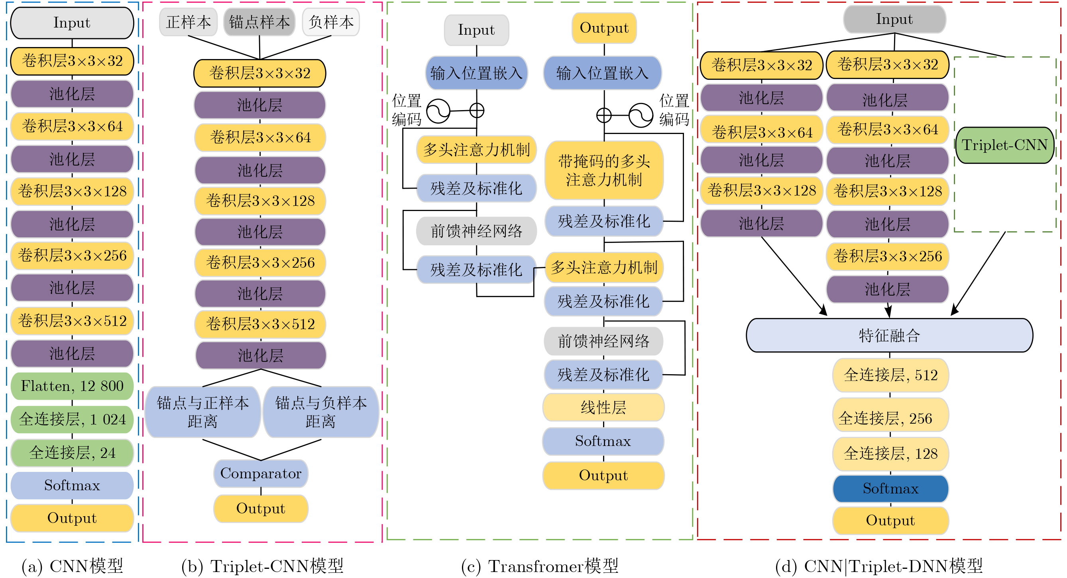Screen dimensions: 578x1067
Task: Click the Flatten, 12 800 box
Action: pyautogui.click(x=72, y=386)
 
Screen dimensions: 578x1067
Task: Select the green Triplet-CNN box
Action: pyautogui.click(x=1004, y=145)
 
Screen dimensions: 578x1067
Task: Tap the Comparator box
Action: pyautogui.click(x=261, y=473)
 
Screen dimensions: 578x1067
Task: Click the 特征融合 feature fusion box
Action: pyautogui.click(x=889, y=335)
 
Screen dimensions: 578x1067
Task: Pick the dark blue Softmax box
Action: pyautogui.click(x=890, y=488)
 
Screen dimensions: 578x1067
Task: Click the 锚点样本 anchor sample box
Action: pyautogui.click(x=259, y=22)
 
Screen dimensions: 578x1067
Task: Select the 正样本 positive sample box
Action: pyautogui.click(x=188, y=22)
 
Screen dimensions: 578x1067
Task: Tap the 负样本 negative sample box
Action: pyautogui.click(x=330, y=22)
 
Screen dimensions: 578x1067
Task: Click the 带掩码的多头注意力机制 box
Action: pyautogui.click(x=604, y=170)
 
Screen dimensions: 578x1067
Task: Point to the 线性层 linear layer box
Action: pyautogui.click(x=603, y=407)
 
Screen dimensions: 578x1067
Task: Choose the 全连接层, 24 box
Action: pyautogui.click(x=72, y=452)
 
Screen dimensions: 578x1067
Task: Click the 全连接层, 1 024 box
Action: pyautogui.click(x=72, y=419)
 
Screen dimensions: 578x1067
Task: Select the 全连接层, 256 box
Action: pyautogui.click(x=890, y=418)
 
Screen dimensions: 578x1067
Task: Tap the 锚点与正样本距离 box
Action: pyautogui.click(x=202, y=412)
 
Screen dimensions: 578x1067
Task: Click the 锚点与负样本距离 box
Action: pyautogui.click(x=320, y=412)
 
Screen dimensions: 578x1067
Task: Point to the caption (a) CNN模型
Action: pyautogui.click(x=72, y=566)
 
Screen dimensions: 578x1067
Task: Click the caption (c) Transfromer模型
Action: pyautogui.click(x=539, y=566)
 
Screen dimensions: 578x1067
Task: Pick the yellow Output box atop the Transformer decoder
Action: pyautogui.click(x=604, y=28)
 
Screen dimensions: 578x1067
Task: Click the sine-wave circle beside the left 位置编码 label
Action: pyautogui.click(x=438, y=111)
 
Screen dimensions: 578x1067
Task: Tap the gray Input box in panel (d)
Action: pyautogui.click(x=894, y=20)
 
